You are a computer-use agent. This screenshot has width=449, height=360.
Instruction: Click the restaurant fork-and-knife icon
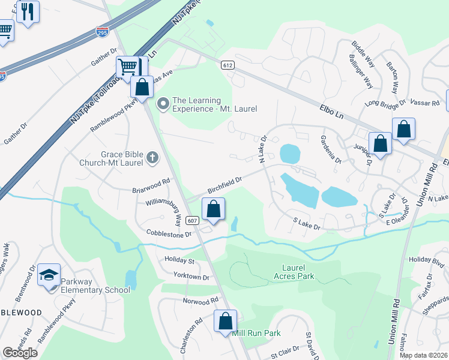coord(28,12)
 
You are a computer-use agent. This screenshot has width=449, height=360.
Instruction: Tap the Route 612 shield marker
coord(226,65)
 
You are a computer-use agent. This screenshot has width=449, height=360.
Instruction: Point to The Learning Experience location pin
coord(162,104)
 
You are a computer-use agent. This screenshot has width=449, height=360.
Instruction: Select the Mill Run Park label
coord(256,333)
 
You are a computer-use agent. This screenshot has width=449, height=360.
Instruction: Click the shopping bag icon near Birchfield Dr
coord(213,209)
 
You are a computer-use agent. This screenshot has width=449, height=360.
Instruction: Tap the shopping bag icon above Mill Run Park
coord(226,321)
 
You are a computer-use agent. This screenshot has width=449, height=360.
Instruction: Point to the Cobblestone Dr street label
coord(169,233)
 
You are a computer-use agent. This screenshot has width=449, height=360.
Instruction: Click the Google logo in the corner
coord(20,352)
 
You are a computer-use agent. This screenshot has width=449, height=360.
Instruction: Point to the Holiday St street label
coord(179,261)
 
